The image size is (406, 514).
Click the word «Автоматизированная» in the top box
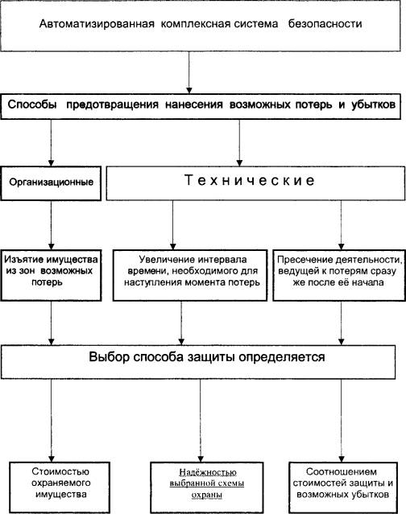coord(97,24)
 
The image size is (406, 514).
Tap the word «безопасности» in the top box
coord(325,24)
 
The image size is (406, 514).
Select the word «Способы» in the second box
coord(32,105)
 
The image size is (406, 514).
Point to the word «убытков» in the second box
coord(373,105)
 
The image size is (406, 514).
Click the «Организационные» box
coord(51,183)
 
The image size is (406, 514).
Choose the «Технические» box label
coord(250,180)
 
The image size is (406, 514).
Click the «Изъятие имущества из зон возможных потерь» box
coord(51,275)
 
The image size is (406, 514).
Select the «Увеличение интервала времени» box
coord(190,275)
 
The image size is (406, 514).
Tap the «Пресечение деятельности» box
coord(339,275)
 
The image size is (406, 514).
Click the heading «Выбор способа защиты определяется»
coord(207,357)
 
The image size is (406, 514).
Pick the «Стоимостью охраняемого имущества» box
coord(60,487)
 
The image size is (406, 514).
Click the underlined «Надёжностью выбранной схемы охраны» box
coord(207,487)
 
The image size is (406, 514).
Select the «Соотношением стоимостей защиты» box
coord(343,487)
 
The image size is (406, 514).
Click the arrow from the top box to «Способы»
coord(188,72)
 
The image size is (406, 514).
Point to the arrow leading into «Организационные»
coord(51,143)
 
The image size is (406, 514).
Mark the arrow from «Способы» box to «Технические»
coord(239,143)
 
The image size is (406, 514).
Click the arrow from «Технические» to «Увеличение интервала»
coord(173,225)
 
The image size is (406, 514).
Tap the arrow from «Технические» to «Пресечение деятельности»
coord(341,225)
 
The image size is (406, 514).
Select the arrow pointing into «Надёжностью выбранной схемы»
coord(201,421)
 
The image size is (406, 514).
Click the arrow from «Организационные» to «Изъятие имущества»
coord(51,225)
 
